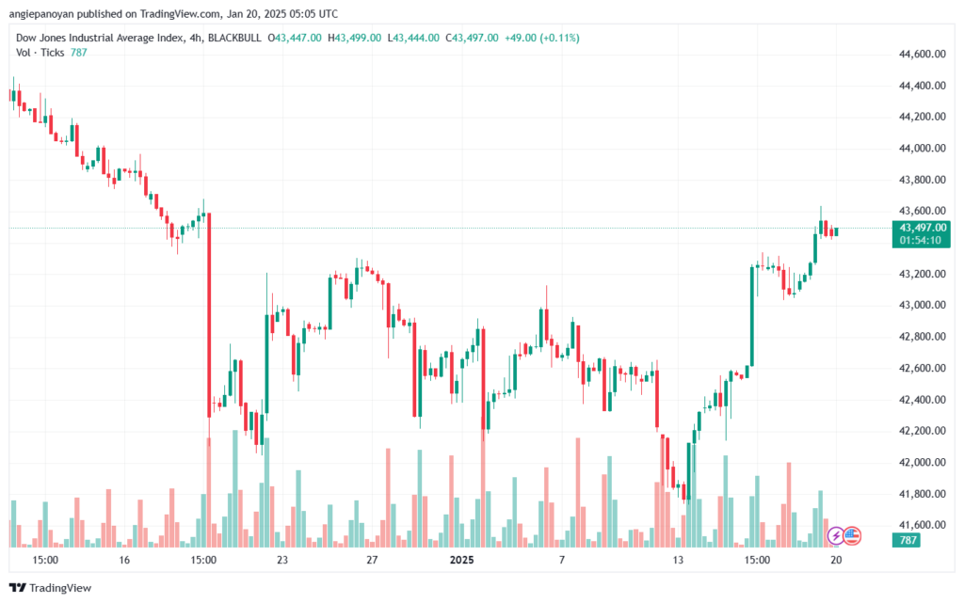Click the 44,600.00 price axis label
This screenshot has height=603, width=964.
[x=923, y=55]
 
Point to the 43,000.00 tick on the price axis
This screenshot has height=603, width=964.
[x=923, y=306]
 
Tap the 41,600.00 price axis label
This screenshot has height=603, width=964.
[x=923, y=525]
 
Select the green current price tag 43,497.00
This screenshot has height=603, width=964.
[x=924, y=228]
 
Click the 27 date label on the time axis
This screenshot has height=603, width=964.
[x=372, y=560]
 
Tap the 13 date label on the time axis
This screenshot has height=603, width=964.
[x=677, y=560]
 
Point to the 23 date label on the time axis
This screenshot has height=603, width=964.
[x=281, y=560]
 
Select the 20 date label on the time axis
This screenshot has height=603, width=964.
[x=836, y=560]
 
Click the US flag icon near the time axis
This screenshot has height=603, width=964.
[x=851, y=535]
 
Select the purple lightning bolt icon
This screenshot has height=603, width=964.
[x=835, y=535]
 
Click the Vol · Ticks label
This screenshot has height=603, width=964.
[x=40, y=53]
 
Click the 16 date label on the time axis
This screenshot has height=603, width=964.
[x=123, y=560]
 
